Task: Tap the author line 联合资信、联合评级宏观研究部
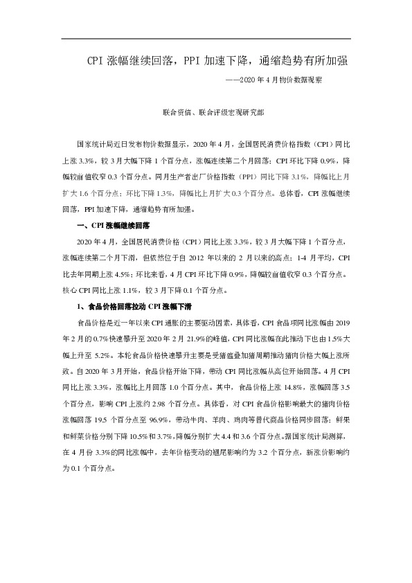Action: [x=206, y=111]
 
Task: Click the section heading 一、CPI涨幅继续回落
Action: [x=117, y=226]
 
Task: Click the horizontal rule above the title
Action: [x=206, y=39]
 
